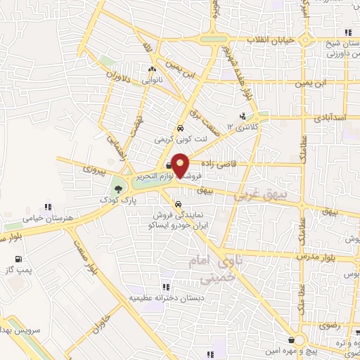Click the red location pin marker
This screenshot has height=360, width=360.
180,165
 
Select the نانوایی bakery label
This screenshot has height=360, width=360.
152,81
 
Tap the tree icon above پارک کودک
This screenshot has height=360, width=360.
117,187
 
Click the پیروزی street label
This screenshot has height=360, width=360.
92,169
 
